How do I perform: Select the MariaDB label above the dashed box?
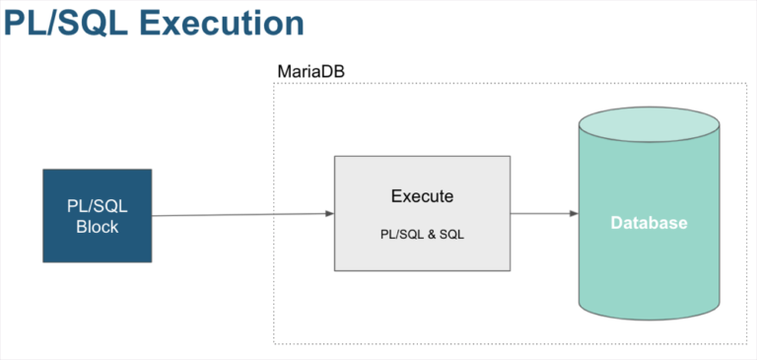[311, 72]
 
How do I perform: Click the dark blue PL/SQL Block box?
[98, 215]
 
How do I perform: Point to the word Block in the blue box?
[97, 227]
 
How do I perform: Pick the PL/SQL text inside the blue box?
[97, 207]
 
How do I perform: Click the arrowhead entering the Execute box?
[329, 213]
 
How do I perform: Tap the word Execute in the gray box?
[422, 196]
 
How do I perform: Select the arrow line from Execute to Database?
[540, 213]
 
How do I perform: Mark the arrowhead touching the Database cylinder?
[574, 213]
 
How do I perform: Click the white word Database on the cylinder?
[649, 223]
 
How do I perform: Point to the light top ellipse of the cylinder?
[649, 123]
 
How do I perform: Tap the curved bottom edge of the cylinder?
[649, 318]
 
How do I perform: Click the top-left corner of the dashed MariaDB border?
[274, 84]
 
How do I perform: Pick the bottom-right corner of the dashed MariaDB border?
[745, 343]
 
